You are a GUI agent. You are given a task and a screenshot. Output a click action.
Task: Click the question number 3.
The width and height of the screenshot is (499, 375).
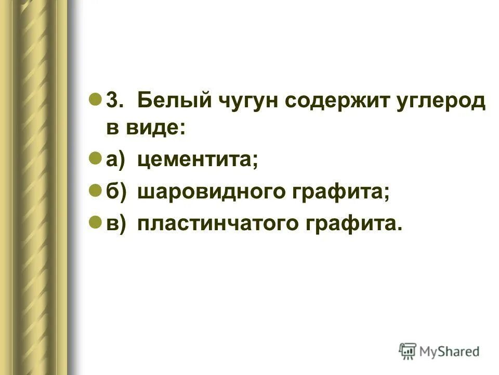coord(113,101)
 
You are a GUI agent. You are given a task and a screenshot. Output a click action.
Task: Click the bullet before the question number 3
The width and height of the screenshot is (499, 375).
coord(95,99)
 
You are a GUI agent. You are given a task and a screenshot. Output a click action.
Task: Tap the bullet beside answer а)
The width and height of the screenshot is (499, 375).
coord(95,159)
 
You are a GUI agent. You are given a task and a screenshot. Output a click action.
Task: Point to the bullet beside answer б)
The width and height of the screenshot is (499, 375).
coord(95,190)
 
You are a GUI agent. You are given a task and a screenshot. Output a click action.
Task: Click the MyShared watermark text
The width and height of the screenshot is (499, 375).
coord(450,352)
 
